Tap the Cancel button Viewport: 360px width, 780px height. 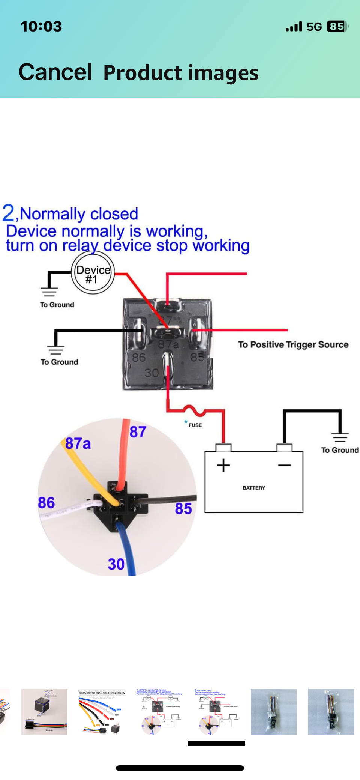point(55,72)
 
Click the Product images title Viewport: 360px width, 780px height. point(181,73)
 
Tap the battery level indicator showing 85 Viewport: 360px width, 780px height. point(336,27)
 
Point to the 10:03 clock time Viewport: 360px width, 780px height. point(41,27)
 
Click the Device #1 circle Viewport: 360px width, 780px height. point(93,273)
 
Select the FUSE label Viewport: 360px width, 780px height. point(195,425)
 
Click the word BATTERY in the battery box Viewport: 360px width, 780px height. point(254,488)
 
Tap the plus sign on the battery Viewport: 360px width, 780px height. point(223,465)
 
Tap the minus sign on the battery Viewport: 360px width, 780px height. point(284,466)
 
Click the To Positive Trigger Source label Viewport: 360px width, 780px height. point(293,344)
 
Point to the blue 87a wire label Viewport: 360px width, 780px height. point(78,443)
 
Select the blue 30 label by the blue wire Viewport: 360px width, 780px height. point(116,564)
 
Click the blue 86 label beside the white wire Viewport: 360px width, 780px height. point(46,503)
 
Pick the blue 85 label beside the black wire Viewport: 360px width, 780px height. point(183,509)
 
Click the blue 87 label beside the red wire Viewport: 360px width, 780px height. point(138,432)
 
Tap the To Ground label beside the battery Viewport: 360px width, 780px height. point(340,450)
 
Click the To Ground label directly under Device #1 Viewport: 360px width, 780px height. point(57,305)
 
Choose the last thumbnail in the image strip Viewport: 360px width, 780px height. point(331,712)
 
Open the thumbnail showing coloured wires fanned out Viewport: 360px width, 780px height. point(102,712)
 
